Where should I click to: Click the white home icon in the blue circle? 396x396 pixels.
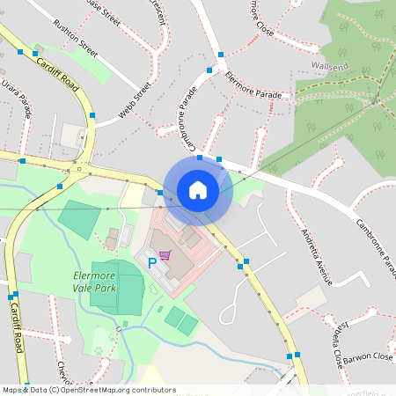(198, 189)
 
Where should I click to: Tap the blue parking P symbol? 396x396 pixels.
(151, 261)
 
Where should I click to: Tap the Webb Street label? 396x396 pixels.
(136, 101)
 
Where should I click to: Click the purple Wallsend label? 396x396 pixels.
(331, 65)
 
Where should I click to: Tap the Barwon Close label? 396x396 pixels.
(370, 357)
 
